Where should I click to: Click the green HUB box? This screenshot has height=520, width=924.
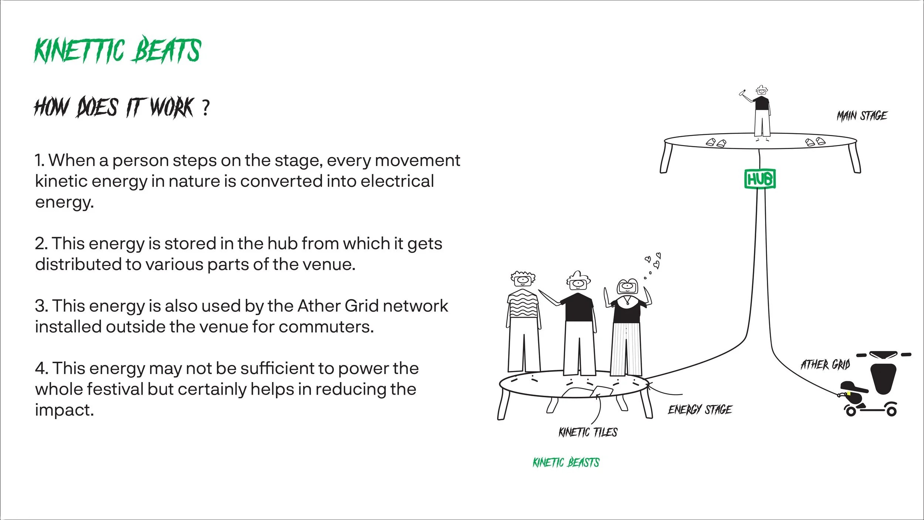point(760,179)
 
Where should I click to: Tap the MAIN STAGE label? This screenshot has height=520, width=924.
point(862,116)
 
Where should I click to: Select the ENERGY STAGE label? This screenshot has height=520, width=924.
point(700,410)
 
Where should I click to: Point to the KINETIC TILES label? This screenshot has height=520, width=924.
point(588,432)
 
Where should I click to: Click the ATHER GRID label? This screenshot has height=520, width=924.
point(825,365)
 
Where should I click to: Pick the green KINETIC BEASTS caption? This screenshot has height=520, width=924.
point(566,462)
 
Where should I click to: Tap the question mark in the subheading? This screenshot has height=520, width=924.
point(205,108)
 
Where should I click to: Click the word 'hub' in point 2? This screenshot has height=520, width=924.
point(282,244)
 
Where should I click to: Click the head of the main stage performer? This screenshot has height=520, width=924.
point(761,90)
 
